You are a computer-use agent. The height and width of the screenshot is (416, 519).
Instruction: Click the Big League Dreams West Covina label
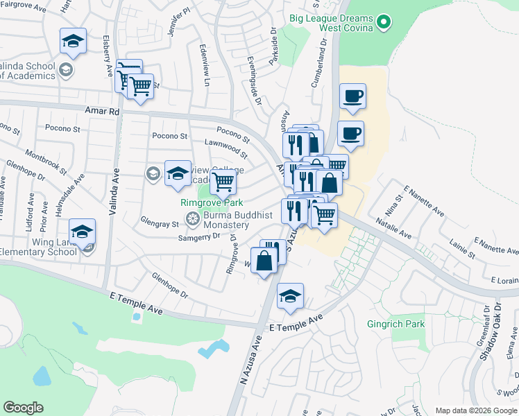[x=332, y=24]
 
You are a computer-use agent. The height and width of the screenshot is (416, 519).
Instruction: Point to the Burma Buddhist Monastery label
[x=226, y=220]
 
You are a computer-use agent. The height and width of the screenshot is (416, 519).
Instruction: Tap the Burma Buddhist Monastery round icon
[x=192, y=220]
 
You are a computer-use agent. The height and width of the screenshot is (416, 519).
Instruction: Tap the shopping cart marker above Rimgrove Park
[x=223, y=182]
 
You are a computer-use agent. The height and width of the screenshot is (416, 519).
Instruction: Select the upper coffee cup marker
[x=352, y=96]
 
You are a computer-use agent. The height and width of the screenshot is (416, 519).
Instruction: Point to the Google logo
[x=23, y=408]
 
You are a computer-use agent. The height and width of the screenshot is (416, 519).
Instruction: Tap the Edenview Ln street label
[x=204, y=70]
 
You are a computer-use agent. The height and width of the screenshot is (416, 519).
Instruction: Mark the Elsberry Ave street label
[x=108, y=55]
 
